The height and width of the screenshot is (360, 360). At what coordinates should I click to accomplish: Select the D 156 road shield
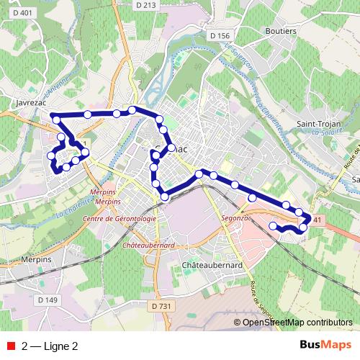tap(220, 35)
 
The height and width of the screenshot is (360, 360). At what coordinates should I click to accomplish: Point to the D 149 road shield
tap(48, 300)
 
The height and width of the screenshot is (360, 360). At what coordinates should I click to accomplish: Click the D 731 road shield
tap(163, 307)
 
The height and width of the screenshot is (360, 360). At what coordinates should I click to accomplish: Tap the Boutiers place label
tap(281, 32)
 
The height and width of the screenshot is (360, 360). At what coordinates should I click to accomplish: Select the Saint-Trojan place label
tap(317, 124)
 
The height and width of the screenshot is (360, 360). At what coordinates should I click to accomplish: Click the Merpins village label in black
tap(36, 258)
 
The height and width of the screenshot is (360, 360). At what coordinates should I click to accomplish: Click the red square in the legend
tap(11, 346)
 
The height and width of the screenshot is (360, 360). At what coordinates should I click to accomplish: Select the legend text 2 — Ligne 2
tap(50, 346)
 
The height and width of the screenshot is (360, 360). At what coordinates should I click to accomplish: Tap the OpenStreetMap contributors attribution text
tap(297, 323)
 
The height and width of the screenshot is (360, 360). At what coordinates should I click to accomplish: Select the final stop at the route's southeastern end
tap(273, 226)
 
